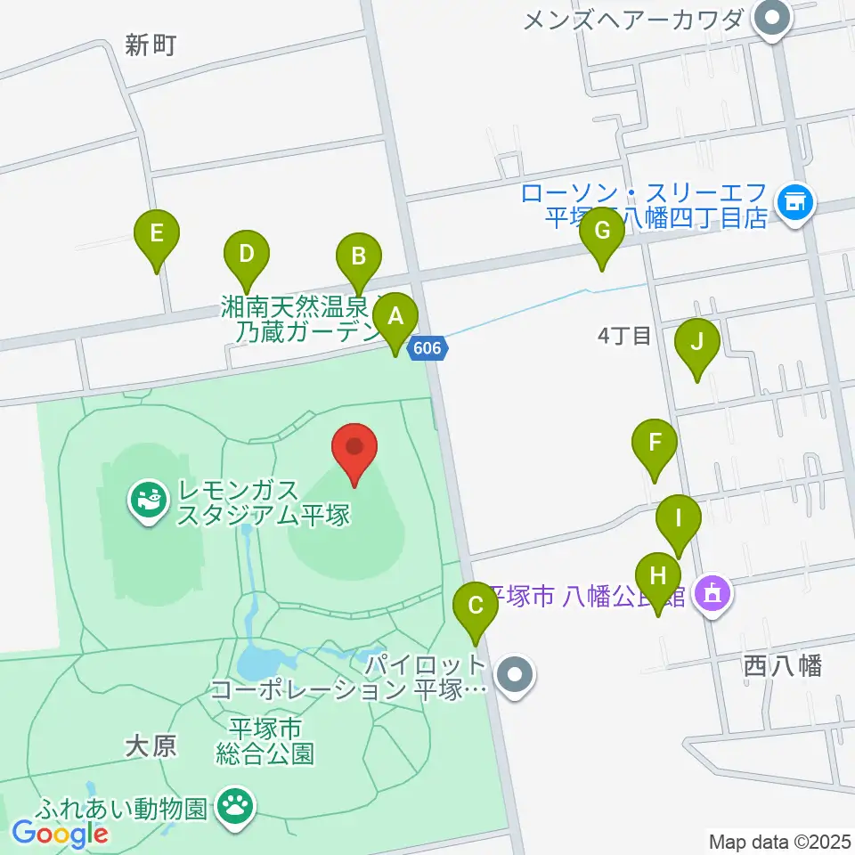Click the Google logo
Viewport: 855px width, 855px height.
tap(60, 834)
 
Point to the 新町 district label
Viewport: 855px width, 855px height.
tap(151, 46)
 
